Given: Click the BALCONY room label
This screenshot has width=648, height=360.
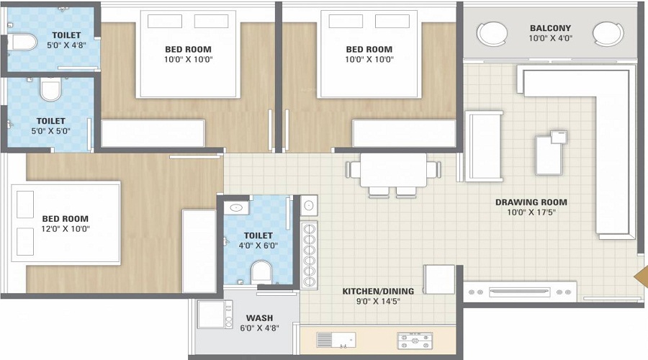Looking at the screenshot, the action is (550, 28).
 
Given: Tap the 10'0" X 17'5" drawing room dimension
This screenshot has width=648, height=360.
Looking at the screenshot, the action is (531, 212).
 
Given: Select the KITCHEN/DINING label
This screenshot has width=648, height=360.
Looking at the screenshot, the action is (378, 291).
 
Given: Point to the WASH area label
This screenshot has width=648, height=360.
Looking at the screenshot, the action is (259, 318).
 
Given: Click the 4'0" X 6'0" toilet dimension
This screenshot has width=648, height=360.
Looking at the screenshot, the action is (258, 246).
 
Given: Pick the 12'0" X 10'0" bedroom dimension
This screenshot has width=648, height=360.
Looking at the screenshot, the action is (66, 229).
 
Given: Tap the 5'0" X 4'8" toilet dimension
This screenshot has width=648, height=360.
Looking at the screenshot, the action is (66, 45).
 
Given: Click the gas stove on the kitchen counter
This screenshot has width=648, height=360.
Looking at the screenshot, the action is (415, 341).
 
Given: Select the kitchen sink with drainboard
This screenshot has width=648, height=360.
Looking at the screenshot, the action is (336, 340).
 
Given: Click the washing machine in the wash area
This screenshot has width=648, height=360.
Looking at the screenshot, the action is (215, 314).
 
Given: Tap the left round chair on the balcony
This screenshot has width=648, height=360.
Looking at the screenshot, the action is (492, 33).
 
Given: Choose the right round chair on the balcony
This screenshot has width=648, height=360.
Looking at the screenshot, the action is (608, 33).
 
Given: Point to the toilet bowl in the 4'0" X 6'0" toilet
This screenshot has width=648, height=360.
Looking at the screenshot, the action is (261, 272).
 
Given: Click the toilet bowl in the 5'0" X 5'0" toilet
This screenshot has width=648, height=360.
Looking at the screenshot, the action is (50, 89).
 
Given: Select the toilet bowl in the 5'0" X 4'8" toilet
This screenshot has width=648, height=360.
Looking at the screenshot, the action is (22, 42).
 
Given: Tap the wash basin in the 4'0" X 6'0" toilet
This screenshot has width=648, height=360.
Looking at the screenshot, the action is (236, 207).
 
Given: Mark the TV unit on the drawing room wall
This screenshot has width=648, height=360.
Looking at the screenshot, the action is (519, 292).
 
